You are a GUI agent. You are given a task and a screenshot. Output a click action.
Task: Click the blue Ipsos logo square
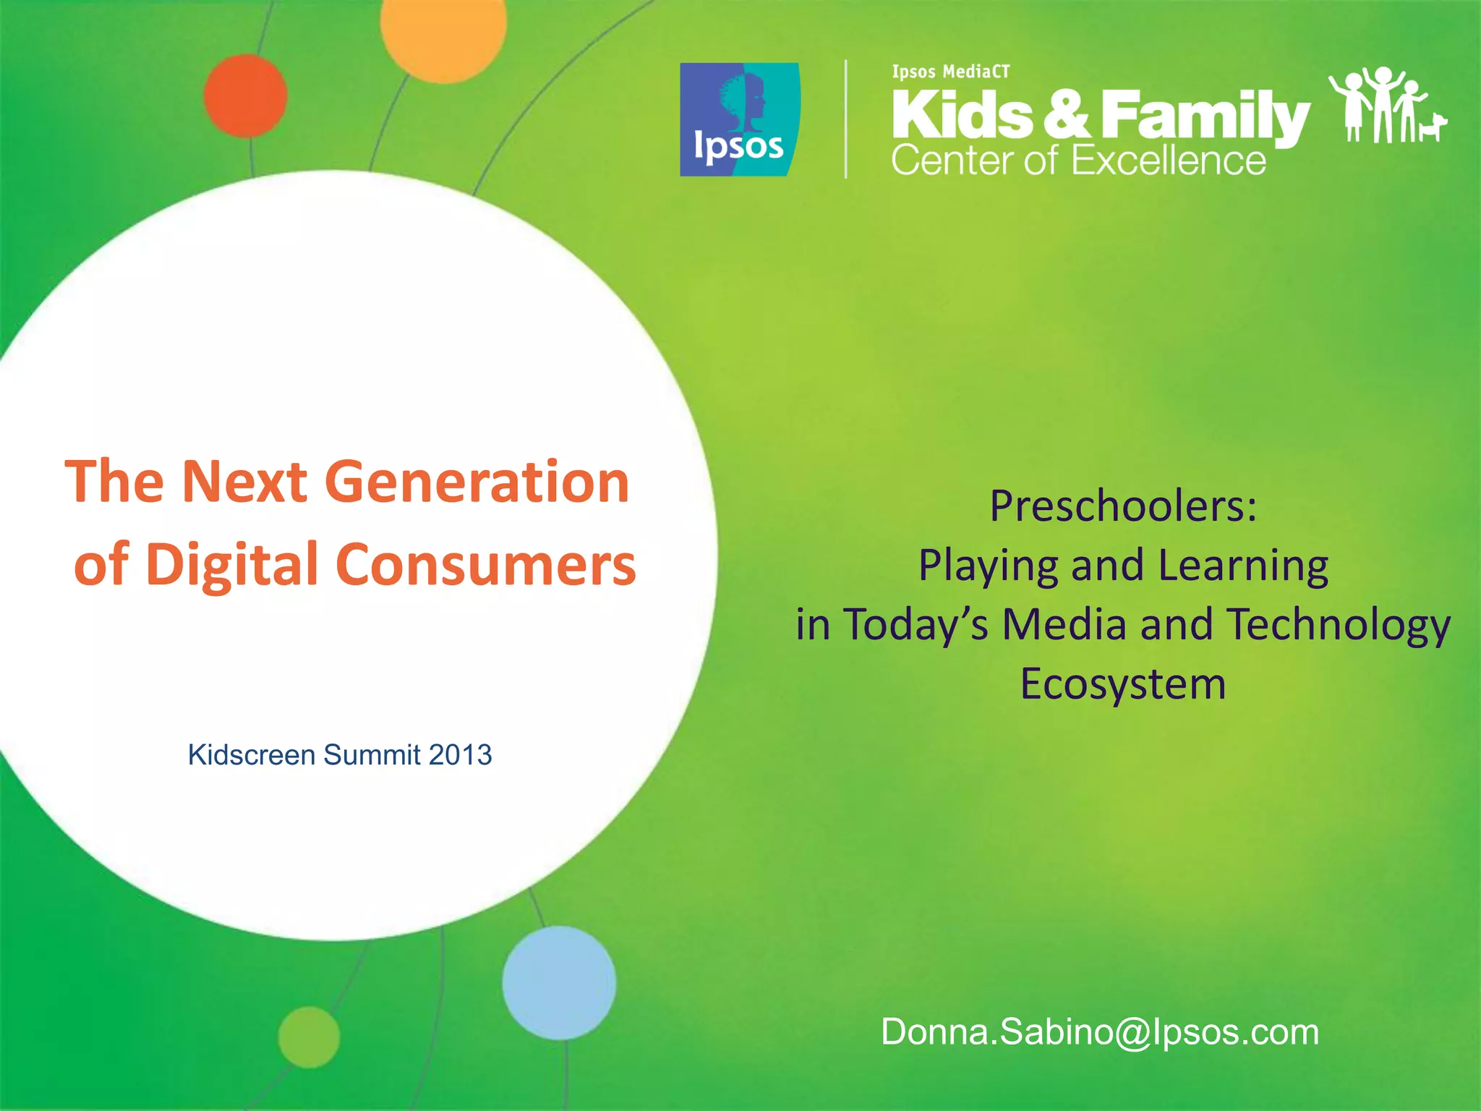click(739, 119)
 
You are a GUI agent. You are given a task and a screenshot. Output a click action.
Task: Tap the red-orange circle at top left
click(245, 96)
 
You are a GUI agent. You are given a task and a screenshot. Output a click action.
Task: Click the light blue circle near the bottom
click(559, 983)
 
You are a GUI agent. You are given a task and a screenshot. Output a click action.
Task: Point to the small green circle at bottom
click(309, 1036)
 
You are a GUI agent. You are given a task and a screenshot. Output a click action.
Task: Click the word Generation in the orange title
click(477, 482)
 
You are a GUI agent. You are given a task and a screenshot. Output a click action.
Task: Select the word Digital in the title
click(231, 565)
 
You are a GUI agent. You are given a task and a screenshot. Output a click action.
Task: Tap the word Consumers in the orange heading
click(485, 565)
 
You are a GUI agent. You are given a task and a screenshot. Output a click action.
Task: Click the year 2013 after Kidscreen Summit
click(460, 755)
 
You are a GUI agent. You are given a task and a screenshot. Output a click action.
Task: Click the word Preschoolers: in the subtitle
click(1123, 506)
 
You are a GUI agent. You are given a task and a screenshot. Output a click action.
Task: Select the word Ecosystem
click(1123, 684)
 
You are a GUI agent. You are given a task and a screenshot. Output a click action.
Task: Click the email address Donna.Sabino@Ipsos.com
click(1099, 1031)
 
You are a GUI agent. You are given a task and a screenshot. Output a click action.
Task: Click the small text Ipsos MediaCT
click(950, 72)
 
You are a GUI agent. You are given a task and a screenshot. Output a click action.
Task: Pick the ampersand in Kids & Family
click(1066, 114)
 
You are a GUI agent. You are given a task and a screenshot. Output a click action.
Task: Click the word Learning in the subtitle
click(1243, 565)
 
